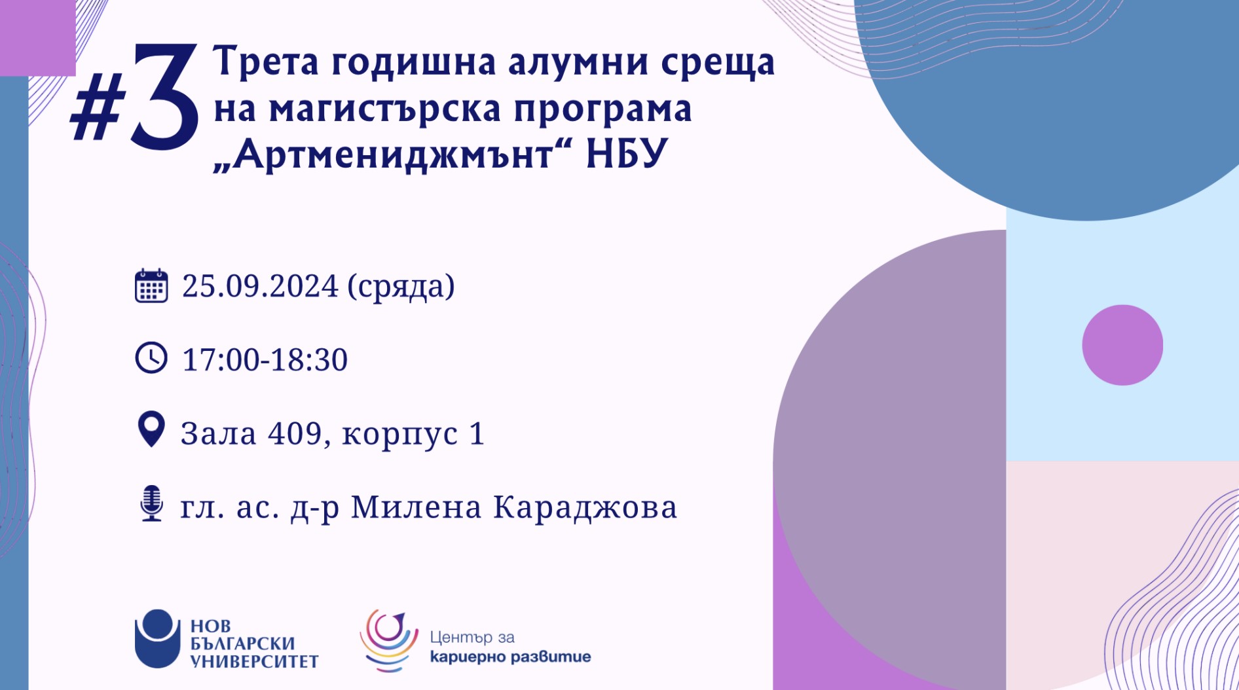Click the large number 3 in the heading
click(x=164, y=96)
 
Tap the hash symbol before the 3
click(x=98, y=107)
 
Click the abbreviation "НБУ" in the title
click(x=627, y=154)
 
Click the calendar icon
click(x=151, y=285)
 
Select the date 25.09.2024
click(x=260, y=286)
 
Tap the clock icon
click(x=151, y=358)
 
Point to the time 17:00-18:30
click(x=265, y=360)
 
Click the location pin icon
click(x=151, y=429)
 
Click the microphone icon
click(x=152, y=503)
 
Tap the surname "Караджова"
click(x=585, y=508)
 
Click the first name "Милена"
click(x=416, y=507)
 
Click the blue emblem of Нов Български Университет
click(x=157, y=638)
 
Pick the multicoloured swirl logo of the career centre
click(x=389, y=640)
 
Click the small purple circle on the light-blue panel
click(x=1122, y=345)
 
